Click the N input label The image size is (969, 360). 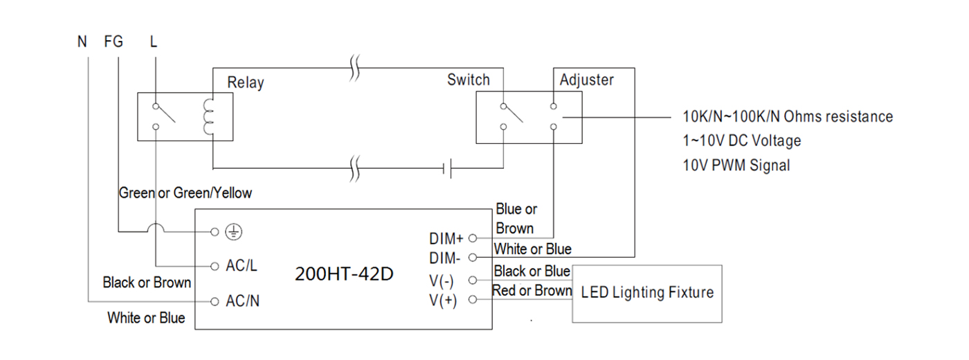(82, 42)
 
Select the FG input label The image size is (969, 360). (114, 42)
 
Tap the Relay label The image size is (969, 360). (246, 82)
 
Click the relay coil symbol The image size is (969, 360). (208, 117)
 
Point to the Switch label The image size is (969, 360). (469, 80)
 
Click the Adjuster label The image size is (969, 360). (587, 80)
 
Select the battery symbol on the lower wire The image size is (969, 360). (448, 168)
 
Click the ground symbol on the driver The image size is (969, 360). (234, 233)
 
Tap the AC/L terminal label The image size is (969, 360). (242, 266)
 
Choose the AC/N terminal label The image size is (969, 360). (243, 301)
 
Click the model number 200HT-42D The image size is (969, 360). (345, 274)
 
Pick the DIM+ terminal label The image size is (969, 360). (446, 238)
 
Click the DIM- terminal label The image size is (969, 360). (444, 258)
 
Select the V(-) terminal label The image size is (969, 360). (442, 281)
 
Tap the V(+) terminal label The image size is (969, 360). (443, 300)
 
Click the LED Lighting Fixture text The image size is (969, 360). (647, 293)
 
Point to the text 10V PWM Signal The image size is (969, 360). (736, 165)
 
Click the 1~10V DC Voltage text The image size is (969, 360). (742, 141)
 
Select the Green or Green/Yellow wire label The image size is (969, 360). (185, 193)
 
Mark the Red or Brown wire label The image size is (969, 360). (532, 290)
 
